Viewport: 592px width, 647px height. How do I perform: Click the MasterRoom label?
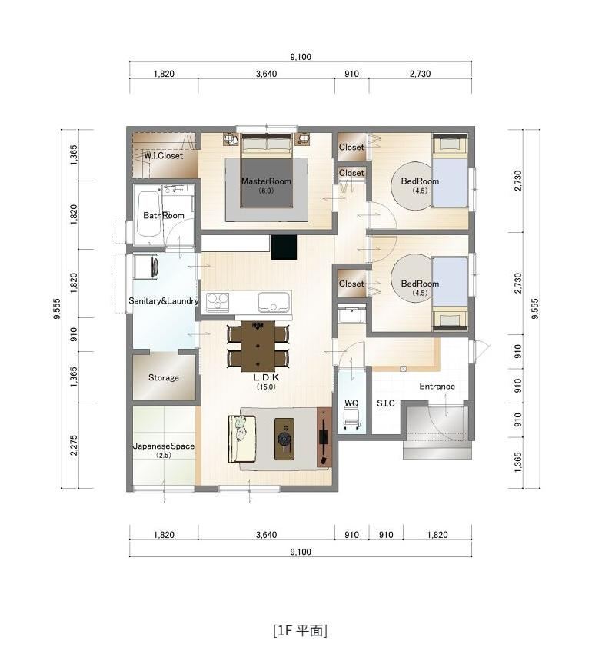point(266,181)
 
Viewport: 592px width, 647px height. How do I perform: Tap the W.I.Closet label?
point(164,155)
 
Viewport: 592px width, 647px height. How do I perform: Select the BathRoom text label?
point(164,215)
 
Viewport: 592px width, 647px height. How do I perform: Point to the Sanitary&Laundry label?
point(164,300)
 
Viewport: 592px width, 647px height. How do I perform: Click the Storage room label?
point(164,377)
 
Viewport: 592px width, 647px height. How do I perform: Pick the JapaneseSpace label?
point(164,446)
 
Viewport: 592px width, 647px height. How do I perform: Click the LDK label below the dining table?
point(266,377)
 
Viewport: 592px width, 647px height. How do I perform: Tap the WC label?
point(351,403)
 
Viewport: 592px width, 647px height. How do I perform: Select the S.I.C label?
point(386,403)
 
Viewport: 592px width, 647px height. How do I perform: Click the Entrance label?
point(437,387)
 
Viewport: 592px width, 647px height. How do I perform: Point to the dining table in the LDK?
point(258,347)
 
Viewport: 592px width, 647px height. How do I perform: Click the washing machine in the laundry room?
point(146,267)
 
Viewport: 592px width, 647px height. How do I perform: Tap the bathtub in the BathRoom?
point(148,214)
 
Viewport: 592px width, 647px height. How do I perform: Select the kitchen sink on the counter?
point(274,302)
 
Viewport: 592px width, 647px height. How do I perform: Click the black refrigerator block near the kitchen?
point(284,247)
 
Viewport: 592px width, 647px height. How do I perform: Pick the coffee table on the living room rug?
point(284,439)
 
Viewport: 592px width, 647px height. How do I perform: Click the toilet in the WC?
point(351,417)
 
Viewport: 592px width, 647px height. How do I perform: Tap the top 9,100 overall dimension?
point(301,57)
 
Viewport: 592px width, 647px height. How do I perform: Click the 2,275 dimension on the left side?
point(74,445)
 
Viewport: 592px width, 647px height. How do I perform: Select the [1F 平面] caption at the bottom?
point(300,630)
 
